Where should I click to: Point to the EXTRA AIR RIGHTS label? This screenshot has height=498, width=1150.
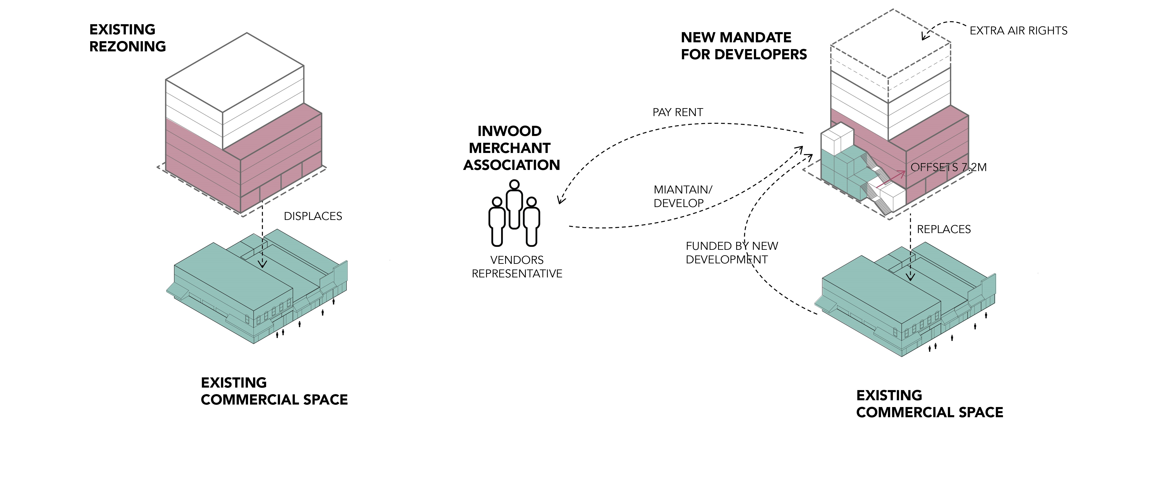point(1018,31)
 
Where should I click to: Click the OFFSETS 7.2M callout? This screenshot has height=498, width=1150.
point(948,167)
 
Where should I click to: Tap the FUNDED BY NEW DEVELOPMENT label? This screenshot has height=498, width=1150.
point(731,253)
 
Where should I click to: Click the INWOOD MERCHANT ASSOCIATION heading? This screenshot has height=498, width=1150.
point(511,148)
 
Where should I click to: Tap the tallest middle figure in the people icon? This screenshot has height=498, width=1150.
point(514,203)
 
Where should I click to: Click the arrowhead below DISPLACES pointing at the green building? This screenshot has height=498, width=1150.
point(263,264)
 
